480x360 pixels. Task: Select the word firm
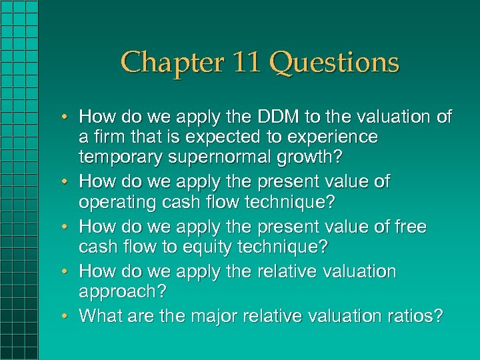click(x=108, y=137)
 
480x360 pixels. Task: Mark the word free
click(x=405, y=227)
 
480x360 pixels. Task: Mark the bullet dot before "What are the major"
click(x=67, y=316)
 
